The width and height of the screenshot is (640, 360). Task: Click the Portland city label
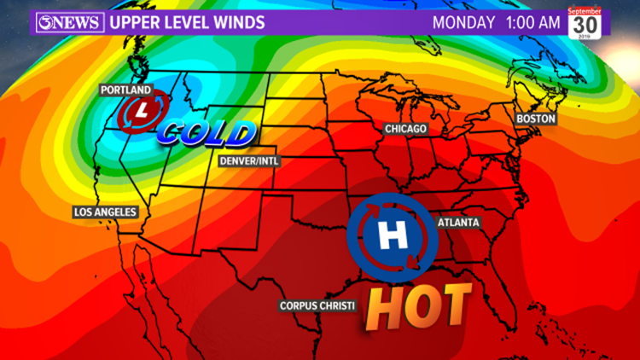tap(125, 90)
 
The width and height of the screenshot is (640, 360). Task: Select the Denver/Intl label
tap(249, 160)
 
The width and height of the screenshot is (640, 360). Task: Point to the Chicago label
tap(404, 129)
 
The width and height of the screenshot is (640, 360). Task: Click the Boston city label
tap(535, 118)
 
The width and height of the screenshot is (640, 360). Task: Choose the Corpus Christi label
tap(317, 305)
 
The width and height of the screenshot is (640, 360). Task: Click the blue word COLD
tap(207, 133)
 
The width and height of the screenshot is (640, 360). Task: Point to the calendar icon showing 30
tap(588, 24)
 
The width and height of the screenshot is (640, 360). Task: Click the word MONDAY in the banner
tap(463, 22)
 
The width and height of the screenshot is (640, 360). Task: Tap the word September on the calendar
tap(588, 11)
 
